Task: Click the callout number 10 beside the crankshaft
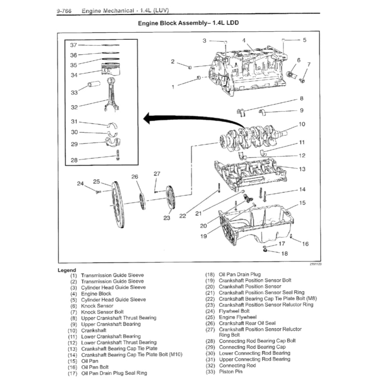pyautogui.click(x=302, y=124)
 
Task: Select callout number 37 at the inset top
pyautogui.click(x=73, y=45)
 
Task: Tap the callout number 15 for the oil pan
pyautogui.click(x=302, y=203)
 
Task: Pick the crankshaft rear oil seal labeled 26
pyautogui.click(x=142, y=201)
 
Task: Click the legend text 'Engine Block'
pyautogui.click(x=96, y=293)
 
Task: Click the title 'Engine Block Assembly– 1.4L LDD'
pyautogui.click(x=188, y=23)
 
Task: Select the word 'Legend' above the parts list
pyautogui.click(x=67, y=270)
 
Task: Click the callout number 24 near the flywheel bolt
pyautogui.click(x=80, y=183)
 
